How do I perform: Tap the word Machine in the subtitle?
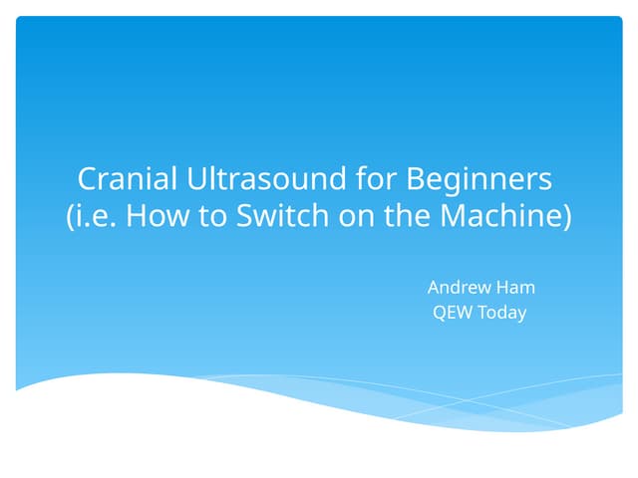(507, 216)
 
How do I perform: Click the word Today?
(501, 314)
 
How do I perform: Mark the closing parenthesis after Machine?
(568, 217)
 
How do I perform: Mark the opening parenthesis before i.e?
(70, 217)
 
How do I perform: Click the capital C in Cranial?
(87, 179)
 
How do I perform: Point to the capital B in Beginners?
(416, 179)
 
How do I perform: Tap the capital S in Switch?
(245, 216)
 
